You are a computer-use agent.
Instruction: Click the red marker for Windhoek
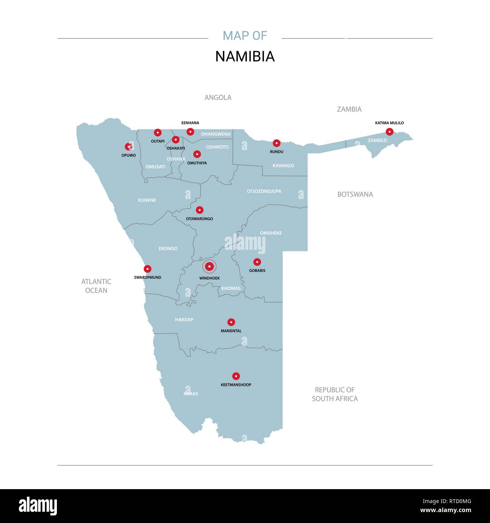click(x=209, y=266)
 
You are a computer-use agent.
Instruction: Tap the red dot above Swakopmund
click(x=148, y=269)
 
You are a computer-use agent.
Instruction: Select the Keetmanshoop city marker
click(x=236, y=376)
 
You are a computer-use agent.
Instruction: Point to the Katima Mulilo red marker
click(x=389, y=132)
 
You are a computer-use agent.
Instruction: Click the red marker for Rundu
click(x=277, y=143)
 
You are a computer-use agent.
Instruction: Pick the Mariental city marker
click(x=231, y=322)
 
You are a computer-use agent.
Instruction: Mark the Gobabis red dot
click(x=257, y=262)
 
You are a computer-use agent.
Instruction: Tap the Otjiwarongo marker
click(x=200, y=210)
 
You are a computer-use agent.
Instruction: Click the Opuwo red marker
click(x=129, y=147)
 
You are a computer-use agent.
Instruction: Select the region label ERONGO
click(x=168, y=249)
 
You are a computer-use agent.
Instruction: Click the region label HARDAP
click(x=184, y=320)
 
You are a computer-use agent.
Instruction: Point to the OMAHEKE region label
click(x=271, y=233)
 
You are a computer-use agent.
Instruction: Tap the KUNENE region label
click(x=147, y=201)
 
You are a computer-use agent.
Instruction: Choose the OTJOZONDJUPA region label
click(x=264, y=191)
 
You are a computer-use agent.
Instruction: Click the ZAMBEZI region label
click(x=377, y=140)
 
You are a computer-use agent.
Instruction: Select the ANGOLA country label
click(x=218, y=97)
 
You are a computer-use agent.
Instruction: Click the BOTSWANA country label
click(x=355, y=195)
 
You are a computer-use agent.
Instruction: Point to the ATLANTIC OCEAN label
click(x=96, y=286)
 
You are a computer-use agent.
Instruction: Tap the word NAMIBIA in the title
click(x=245, y=56)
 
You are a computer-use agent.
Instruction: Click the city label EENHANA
click(x=190, y=123)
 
